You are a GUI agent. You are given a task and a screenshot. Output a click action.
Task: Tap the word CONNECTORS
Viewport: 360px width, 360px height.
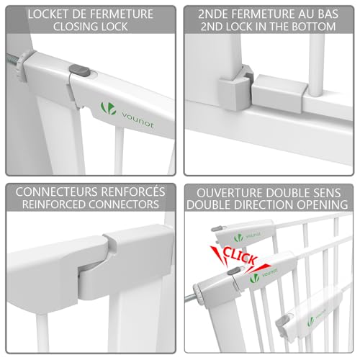tap(128, 206)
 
